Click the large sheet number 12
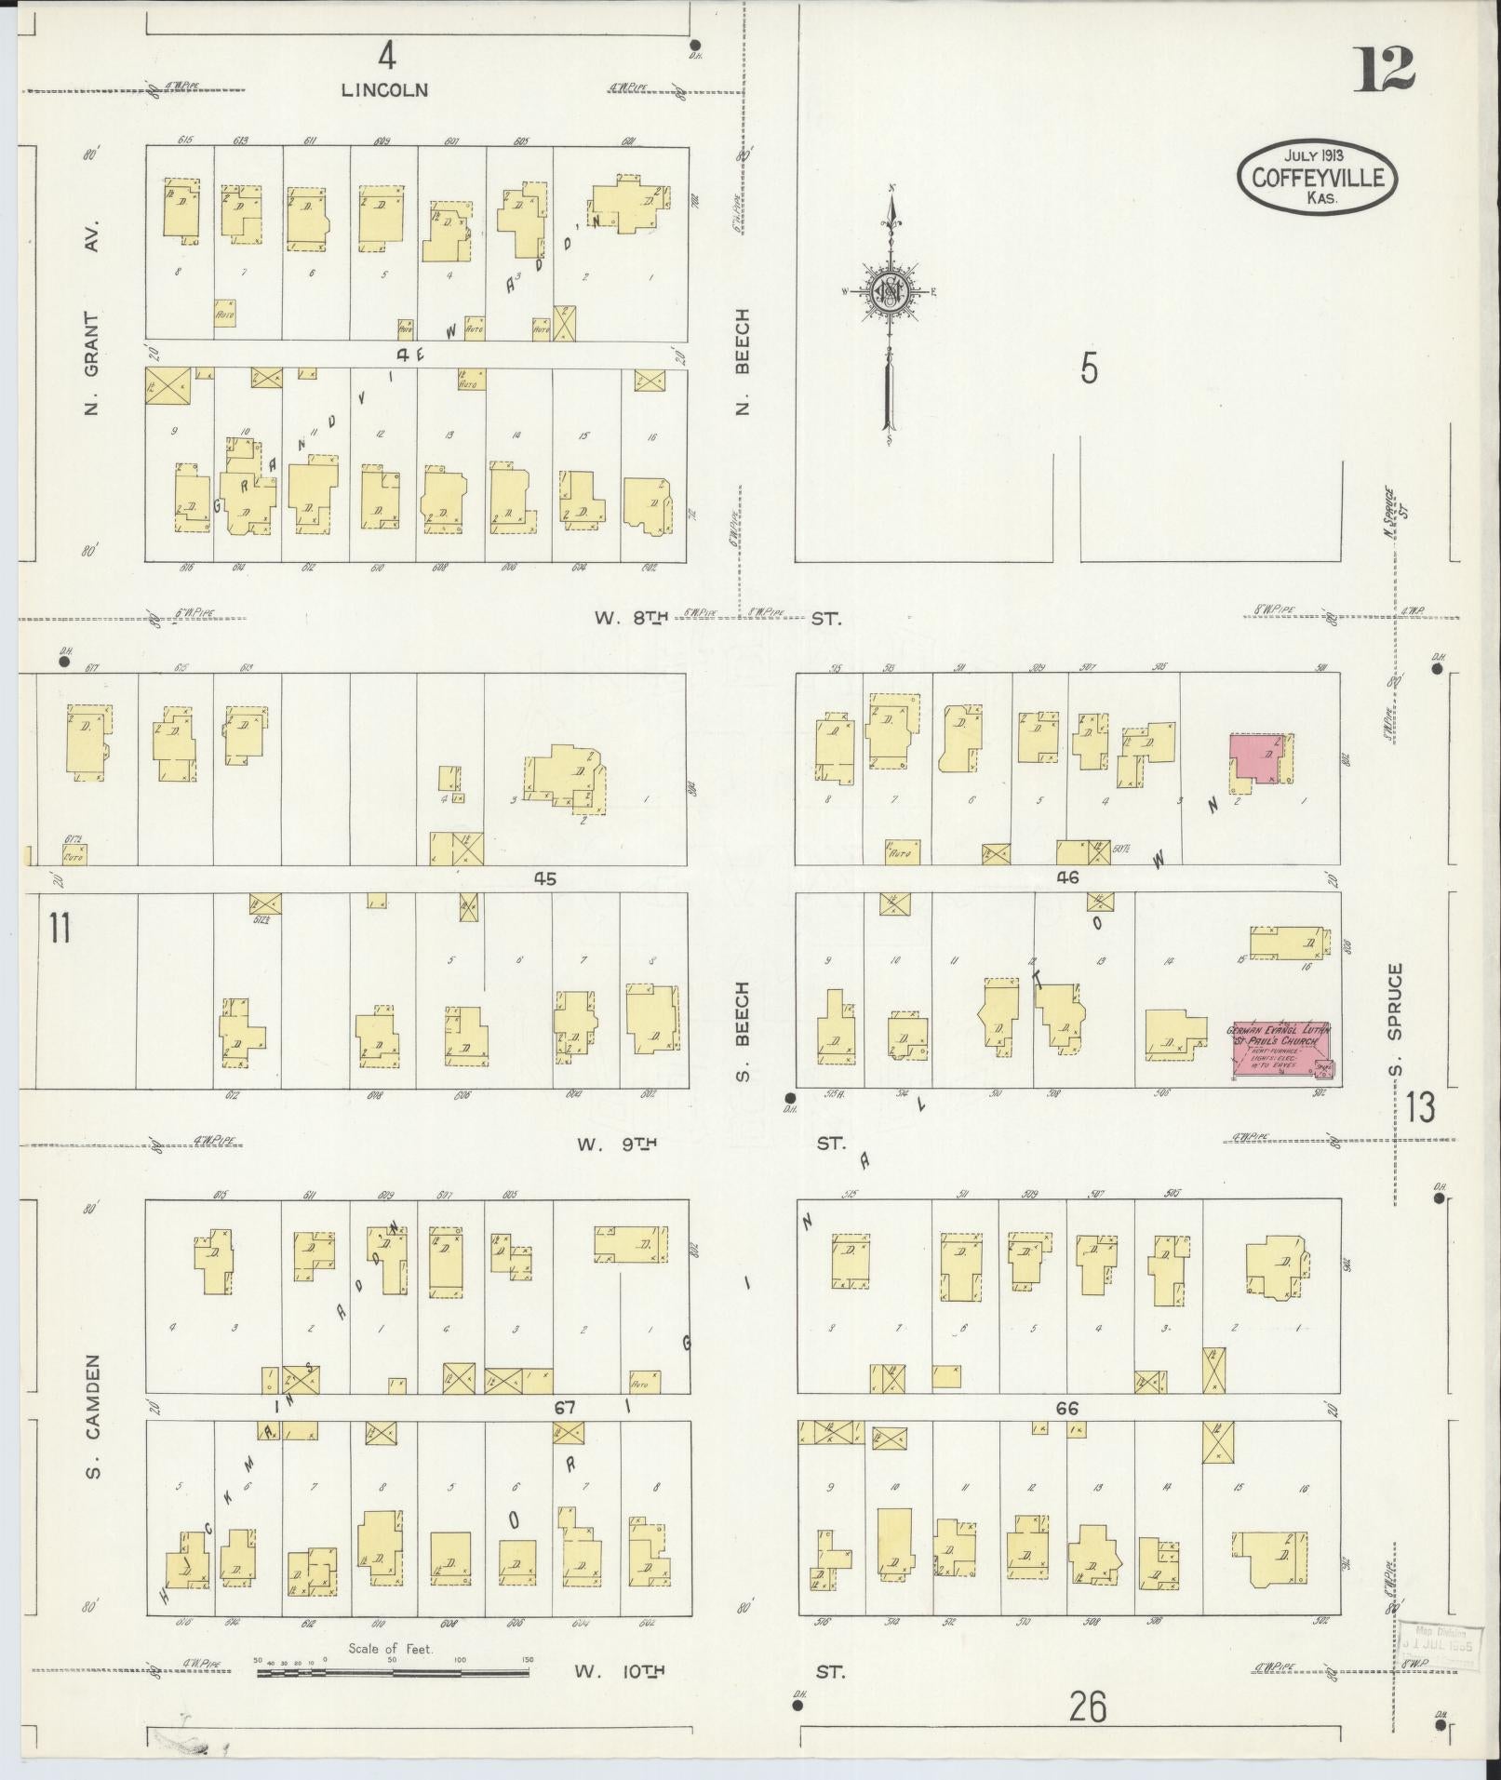click(x=1383, y=69)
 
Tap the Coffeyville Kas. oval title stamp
click(x=1317, y=177)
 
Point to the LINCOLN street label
click(x=384, y=90)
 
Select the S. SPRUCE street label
click(x=1393, y=1018)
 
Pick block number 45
click(x=545, y=877)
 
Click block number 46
click(x=1067, y=877)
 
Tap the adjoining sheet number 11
click(x=60, y=929)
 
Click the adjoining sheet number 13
click(x=1421, y=1108)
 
